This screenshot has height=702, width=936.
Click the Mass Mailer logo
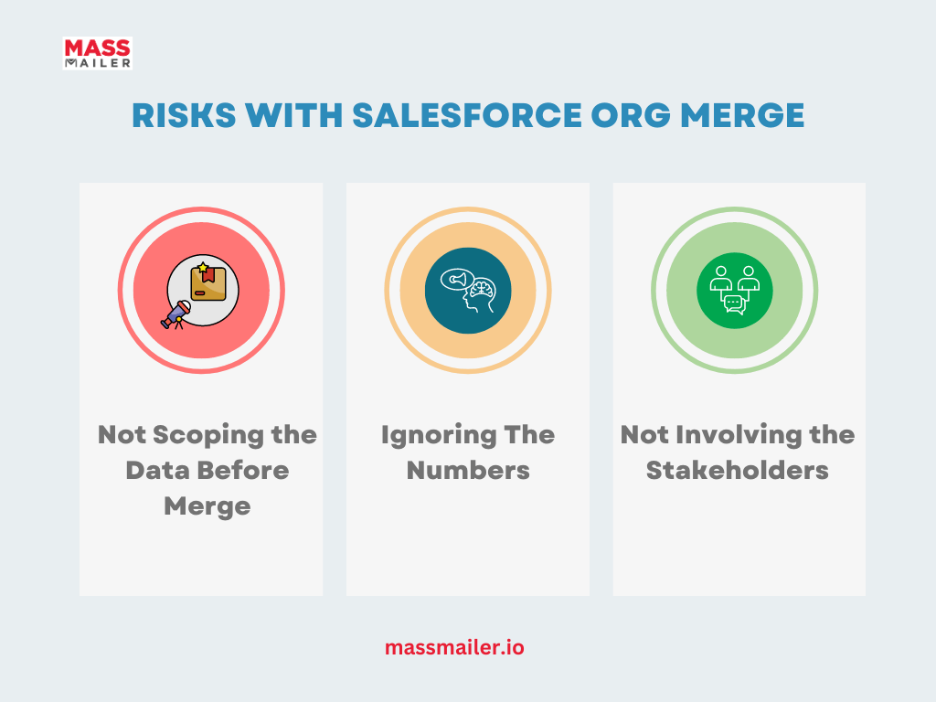point(97,53)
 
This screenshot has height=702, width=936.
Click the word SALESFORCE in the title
point(467,115)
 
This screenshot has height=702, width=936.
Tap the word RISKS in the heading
point(184,115)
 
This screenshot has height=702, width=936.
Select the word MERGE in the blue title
point(742,115)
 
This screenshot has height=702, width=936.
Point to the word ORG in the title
point(631,115)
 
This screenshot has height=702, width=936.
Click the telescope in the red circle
point(175,315)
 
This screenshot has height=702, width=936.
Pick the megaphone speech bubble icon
point(457,279)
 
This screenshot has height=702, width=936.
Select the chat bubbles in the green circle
point(734,304)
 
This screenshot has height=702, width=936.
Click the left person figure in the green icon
point(720,279)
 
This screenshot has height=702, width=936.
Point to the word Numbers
point(468,471)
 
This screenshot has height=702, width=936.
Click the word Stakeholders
point(738,471)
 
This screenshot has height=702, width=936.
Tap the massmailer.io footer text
point(454,648)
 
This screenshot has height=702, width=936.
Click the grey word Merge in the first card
point(207,506)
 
